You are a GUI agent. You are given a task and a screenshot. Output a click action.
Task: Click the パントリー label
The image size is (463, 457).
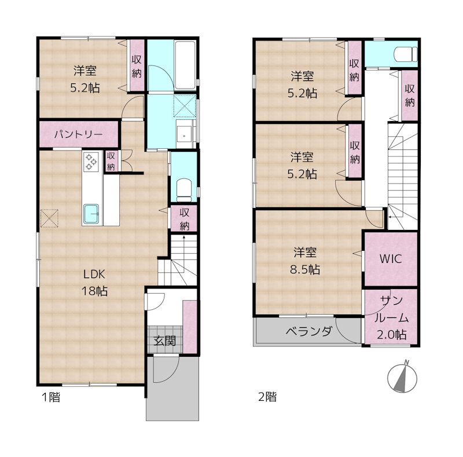coord(79,134)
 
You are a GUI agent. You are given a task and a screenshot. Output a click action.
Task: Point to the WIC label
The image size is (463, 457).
coord(390,258)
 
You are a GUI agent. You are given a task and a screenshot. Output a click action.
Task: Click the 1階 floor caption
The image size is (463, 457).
coord(50,397)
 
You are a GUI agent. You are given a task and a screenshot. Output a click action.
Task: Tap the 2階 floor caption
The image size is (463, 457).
coord(267,397)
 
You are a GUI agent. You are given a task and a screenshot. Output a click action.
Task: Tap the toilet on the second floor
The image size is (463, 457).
coord(405,54)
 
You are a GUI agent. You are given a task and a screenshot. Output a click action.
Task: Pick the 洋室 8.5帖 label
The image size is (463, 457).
coord(304,261)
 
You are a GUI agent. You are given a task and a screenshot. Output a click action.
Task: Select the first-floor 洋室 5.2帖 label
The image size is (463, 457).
coord(84,80)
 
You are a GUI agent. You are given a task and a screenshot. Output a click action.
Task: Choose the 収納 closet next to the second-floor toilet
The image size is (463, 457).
coord(410,95)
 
